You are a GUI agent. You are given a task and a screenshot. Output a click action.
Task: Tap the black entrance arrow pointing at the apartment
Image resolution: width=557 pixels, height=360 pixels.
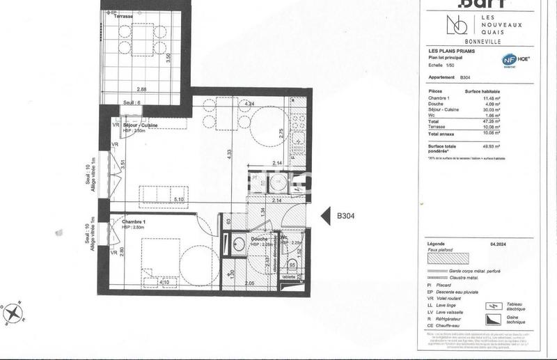tap(324, 216)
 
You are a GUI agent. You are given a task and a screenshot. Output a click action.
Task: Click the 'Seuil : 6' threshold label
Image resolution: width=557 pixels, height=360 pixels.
tap(132, 102)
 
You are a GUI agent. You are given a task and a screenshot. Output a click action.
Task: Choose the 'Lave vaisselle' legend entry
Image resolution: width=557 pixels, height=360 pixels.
tap(453, 311)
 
